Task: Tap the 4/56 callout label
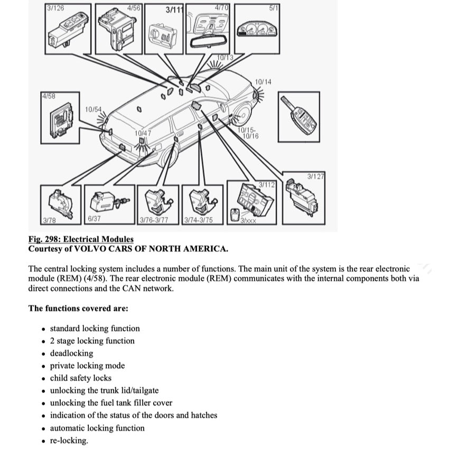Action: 134,8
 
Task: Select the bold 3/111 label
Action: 173,10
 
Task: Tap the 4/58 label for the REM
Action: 48,96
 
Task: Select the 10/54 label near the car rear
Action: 93,109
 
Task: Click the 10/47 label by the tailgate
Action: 143,133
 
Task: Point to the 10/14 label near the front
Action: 263,82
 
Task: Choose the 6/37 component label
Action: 94,218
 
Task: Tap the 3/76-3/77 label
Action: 153,220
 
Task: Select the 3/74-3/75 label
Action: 198,220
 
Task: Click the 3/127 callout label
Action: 315,176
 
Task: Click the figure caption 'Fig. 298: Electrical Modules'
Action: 81,239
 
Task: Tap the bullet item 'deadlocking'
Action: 71,353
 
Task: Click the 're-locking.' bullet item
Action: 69,441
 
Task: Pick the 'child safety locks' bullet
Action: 80,378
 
